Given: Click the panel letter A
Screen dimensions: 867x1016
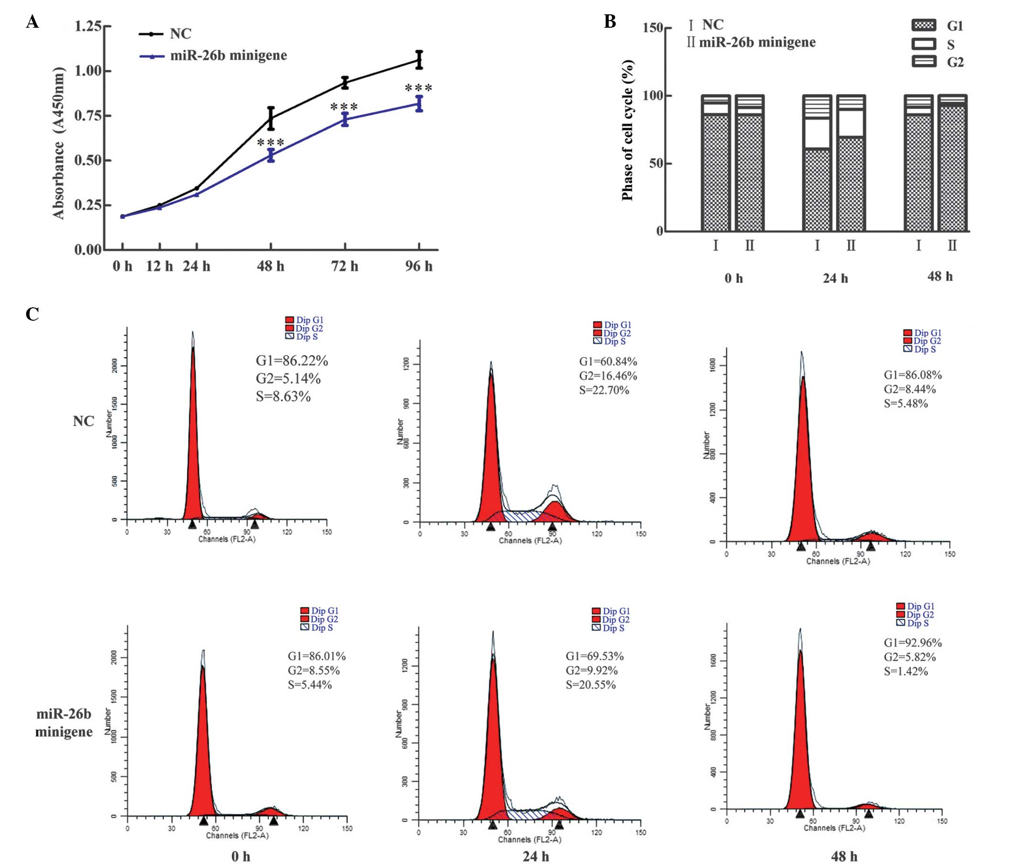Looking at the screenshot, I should (32, 22).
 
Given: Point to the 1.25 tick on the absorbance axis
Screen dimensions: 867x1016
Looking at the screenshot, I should (88, 26).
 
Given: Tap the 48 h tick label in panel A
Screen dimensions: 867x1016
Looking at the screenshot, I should (270, 266).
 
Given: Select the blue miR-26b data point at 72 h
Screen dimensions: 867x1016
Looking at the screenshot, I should (345, 119).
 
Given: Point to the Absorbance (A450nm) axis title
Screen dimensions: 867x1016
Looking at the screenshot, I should (59, 143).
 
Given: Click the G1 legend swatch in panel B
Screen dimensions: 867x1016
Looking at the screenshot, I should (924, 25).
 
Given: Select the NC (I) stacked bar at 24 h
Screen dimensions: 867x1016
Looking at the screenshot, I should (817, 163).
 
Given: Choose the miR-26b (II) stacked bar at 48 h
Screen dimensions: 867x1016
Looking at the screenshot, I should (952, 163).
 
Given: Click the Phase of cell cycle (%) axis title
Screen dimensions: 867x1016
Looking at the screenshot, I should (627, 130).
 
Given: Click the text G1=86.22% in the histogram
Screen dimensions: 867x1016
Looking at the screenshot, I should (292, 361).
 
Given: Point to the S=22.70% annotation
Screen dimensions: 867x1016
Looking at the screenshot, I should (604, 390).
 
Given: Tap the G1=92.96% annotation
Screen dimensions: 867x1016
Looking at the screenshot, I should (913, 643).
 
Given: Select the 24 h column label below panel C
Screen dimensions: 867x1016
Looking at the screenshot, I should (535, 856).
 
